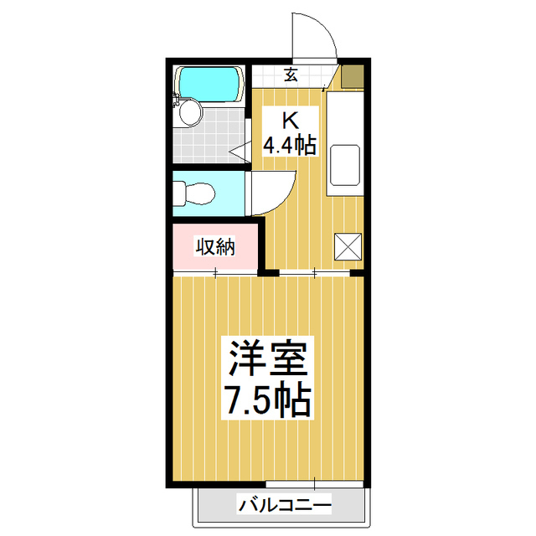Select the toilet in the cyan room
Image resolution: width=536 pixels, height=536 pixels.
coord(193,193)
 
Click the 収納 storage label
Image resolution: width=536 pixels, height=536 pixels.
coord(215,247)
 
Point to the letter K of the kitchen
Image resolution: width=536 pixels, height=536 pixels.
coord(290,120)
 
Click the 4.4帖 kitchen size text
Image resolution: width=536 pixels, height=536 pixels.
coord(290,146)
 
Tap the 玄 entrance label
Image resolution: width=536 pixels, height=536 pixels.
coord(291,75)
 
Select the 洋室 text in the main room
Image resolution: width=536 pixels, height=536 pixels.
coord(267,358)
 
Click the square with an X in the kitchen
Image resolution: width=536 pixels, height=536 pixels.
coord(348,246)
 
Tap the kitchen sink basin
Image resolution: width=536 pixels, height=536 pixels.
coord(345,164)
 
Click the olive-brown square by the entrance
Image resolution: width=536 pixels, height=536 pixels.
coord(353,76)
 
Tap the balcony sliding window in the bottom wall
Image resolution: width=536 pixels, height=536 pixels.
coord(315,485)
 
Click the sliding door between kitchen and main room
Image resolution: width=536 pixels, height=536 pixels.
coord(315,272)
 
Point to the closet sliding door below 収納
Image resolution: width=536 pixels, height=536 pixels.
coord(215,273)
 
